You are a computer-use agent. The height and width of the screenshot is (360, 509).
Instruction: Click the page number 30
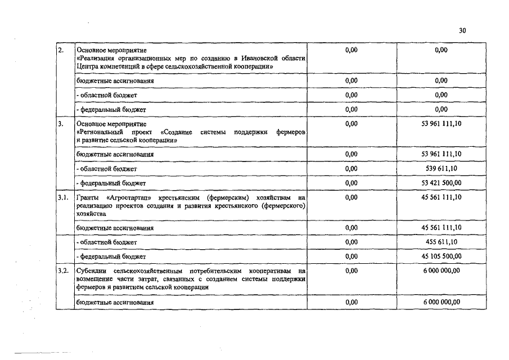462,31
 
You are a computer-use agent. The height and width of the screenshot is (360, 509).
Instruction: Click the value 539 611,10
442,168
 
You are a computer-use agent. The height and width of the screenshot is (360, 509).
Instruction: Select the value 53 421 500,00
442,183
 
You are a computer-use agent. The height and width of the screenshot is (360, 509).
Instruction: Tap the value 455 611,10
442,242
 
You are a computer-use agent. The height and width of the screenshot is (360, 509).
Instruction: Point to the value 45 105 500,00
442,256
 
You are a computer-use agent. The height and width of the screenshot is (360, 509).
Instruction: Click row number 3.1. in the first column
64,198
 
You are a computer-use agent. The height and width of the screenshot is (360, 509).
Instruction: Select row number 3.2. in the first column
64,271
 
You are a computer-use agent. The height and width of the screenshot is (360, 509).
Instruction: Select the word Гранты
87,198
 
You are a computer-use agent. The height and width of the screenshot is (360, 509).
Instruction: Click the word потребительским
216,271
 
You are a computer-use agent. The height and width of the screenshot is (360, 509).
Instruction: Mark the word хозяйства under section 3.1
91,214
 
